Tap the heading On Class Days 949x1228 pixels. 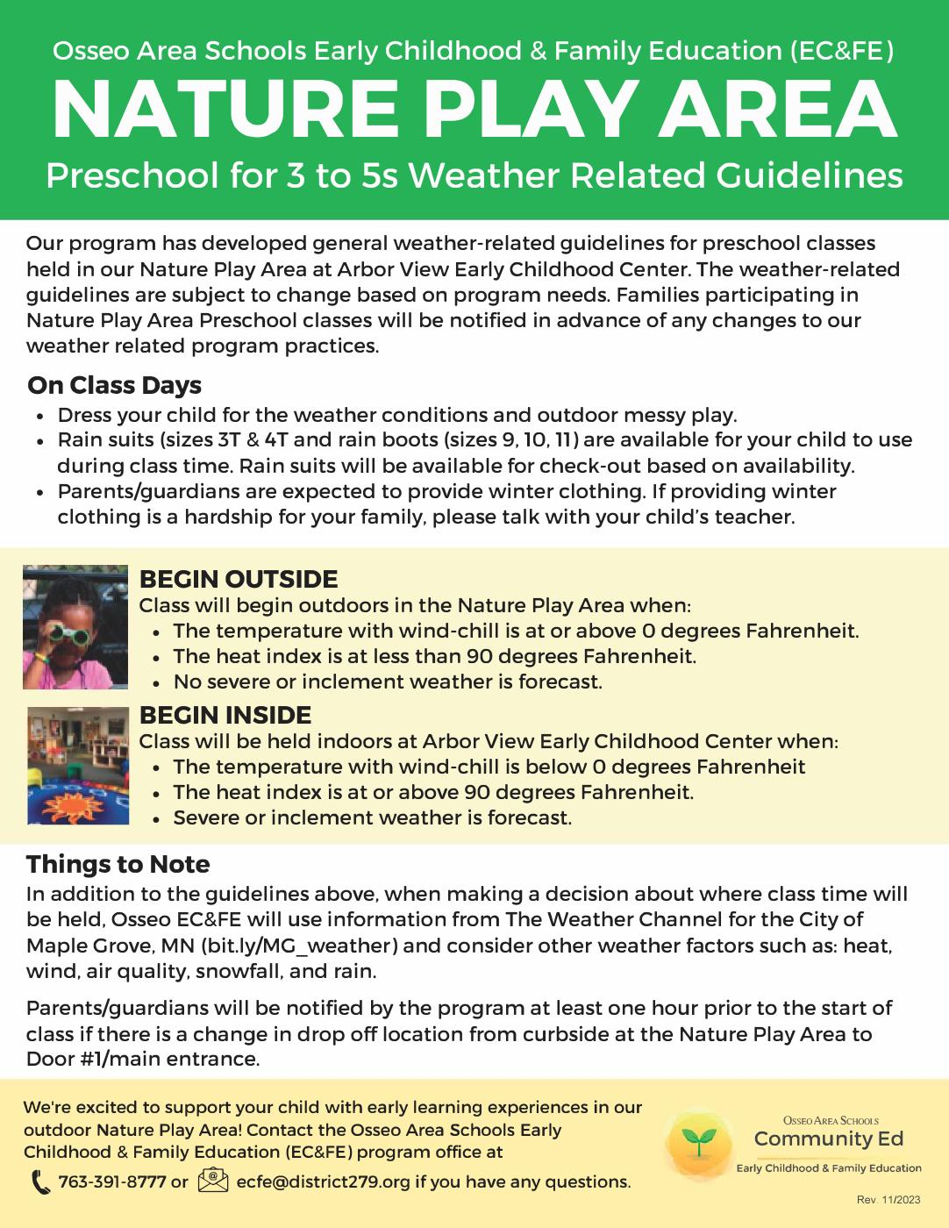pyautogui.click(x=114, y=385)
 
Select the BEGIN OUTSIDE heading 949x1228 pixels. pyautogui.click(x=239, y=579)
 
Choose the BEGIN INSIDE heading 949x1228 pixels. pyautogui.click(x=225, y=715)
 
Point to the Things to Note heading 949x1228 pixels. pyautogui.click(x=118, y=864)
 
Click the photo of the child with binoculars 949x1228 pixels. pyautogui.click(x=75, y=627)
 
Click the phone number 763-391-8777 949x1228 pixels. pyautogui.click(x=111, y=1182)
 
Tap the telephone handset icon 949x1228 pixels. pyautogui.click(x=40, y=1182)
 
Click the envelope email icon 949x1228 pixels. pyautogui.click(x=214, y=1181)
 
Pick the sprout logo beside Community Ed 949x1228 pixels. pyautogui.click(x=699, y=1142)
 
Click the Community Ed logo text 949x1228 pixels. pyautogui.click(x=828, y=1139)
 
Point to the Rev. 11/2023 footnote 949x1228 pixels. pyautogui.click(x=888, y=1200)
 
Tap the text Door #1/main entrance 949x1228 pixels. pyautogui.click(x=143, y=1059)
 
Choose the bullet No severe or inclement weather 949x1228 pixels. pyautogui.click(x=388, y=682)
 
